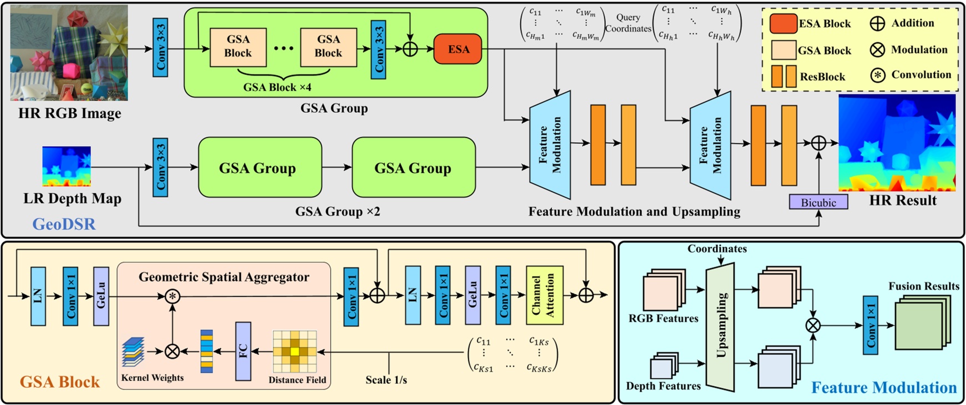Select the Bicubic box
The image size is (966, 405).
tap(818, 202)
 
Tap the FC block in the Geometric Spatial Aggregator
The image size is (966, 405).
tap(243, 351)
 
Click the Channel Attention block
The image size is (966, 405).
tap(544, 295)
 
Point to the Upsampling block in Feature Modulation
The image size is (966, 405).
tap(720, 327)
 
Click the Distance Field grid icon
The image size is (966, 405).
tap(295, 352)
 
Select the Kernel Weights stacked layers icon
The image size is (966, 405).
tap(133, 352)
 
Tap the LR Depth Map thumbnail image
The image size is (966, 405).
tap(67, 166)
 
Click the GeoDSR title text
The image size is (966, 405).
tap(64, 224)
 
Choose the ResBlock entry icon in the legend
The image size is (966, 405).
tap(783, 77)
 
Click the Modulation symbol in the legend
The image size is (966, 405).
tap(877, 50)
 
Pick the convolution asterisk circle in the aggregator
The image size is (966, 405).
tap(173, 296)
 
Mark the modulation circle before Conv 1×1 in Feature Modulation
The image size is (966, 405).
tap(813, 325)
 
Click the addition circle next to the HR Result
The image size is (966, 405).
tap(818, 143)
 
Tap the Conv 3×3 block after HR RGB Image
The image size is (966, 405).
tap(160, 47)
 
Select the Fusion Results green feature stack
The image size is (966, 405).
tap(922, 322)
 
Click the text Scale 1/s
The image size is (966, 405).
tap(386, 380)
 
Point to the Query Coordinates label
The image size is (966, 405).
tap(628, 23)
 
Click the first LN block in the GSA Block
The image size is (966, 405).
tap(38, 296)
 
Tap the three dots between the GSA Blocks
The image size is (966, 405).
tap(284, 49)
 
